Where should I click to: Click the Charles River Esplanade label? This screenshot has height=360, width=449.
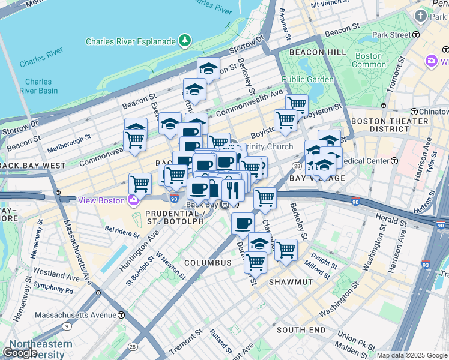130,41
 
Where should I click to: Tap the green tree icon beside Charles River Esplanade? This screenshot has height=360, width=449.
185,41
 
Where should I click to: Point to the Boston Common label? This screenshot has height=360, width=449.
368,60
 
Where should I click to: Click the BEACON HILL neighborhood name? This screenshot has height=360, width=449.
318,52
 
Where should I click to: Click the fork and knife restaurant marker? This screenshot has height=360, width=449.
233,190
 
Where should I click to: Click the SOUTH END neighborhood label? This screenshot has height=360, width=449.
301,330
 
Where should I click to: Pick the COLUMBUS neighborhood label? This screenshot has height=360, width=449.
208,263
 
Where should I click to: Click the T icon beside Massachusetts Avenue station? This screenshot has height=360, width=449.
121,315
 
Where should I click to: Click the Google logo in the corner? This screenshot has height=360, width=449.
20,353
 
